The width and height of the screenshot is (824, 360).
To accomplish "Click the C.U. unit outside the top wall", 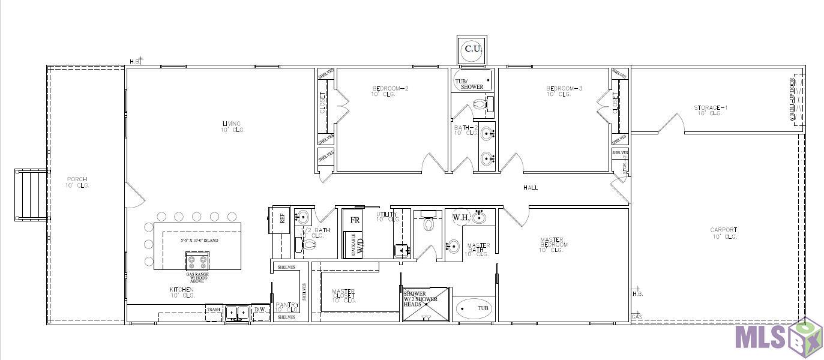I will (x=473, y=49).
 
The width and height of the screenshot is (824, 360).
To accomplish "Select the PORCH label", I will (x=77, y=179).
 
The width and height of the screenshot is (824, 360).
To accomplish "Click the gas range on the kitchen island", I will (x=197, y=262).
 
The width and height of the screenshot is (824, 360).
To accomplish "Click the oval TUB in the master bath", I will (x=474, y=309).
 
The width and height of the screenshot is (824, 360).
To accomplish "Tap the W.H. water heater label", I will (x=460, y=217).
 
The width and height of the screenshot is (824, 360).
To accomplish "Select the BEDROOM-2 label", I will (x=390, y=89).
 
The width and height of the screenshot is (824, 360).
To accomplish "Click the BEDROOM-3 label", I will (x=564, y=89).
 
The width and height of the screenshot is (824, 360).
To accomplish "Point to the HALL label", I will (x=531, y=188).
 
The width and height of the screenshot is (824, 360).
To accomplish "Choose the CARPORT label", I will (x=723, y=230).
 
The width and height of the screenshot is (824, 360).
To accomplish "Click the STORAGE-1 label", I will (x=711, y=108).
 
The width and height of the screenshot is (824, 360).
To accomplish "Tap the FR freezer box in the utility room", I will (x=355, y=220).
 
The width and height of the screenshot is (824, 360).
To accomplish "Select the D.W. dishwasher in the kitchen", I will (x=260, y=310).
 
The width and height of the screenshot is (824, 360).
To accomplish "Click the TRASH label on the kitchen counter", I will (x=214, y=310).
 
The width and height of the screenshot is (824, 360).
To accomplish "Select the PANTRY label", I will (x=287, y=305).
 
